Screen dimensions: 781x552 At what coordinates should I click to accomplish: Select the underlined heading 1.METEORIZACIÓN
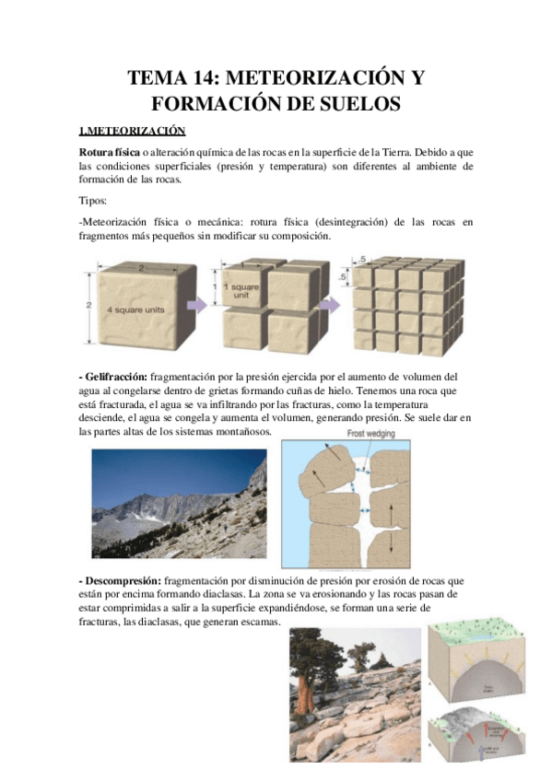click(133, 131)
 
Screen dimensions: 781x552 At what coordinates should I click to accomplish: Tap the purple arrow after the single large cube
click(200, 305)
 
